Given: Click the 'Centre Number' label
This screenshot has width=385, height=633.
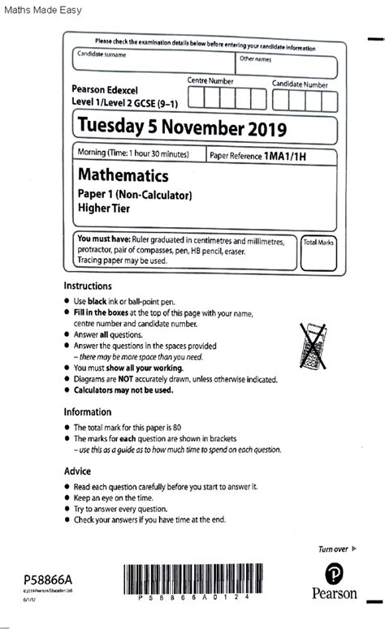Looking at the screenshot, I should coord(210,81).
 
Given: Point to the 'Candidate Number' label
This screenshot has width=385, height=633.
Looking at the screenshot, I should coord(300,84).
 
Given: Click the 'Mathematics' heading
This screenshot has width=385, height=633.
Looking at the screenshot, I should coord(123,175).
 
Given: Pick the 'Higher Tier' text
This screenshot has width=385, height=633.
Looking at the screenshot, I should coord(105,208).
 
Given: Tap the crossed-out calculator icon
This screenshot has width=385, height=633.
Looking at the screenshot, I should coord(316,347).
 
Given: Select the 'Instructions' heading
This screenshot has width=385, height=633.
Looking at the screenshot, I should coord(88,286).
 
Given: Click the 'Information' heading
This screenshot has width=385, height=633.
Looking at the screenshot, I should coord(88,411).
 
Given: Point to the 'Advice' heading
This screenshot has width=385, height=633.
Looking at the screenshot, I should coord(78,471).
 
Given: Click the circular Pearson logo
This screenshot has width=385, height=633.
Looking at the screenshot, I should coord(334,574).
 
